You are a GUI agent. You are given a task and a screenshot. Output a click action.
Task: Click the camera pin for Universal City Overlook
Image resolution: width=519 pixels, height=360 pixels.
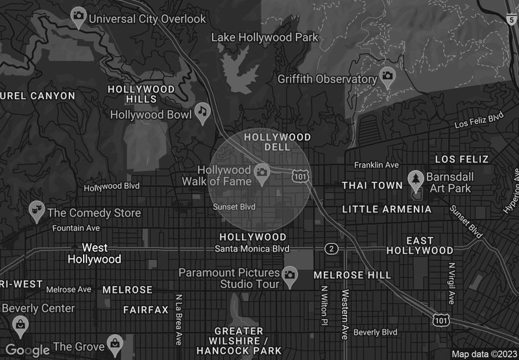pos(78,16)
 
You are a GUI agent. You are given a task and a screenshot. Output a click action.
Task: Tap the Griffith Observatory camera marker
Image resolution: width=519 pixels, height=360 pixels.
pos(388,76)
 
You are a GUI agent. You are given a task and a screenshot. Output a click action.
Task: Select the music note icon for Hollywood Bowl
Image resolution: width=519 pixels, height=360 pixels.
pos(202,112)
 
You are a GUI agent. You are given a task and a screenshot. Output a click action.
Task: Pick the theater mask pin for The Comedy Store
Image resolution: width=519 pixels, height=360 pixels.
pos(37,210)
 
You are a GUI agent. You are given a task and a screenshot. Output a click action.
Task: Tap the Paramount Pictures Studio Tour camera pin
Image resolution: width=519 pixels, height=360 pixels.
pos(289,276)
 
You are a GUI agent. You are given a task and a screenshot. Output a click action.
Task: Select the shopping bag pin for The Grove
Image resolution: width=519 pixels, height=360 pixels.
pos(115,342)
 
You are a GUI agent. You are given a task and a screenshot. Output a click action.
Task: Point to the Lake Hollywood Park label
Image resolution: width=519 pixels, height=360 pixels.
pos(265,37)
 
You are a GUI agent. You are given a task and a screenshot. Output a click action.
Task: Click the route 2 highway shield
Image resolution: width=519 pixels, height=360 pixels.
pos(332,249)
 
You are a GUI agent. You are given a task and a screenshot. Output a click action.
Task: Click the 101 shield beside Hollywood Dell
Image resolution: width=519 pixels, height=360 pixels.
pos(300,176)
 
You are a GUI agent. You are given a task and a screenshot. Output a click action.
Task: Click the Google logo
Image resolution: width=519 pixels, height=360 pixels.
pos(27,350)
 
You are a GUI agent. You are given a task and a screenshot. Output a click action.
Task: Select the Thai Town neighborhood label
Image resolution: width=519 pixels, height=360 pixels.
pos(372,186)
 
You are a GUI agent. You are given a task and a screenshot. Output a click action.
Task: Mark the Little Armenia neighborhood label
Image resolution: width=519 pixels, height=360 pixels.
pos(387,209)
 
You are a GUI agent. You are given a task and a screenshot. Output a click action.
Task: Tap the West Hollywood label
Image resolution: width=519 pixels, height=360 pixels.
pos(94,254)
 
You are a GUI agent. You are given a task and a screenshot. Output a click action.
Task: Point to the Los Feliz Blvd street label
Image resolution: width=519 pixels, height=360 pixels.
pos(479,121)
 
